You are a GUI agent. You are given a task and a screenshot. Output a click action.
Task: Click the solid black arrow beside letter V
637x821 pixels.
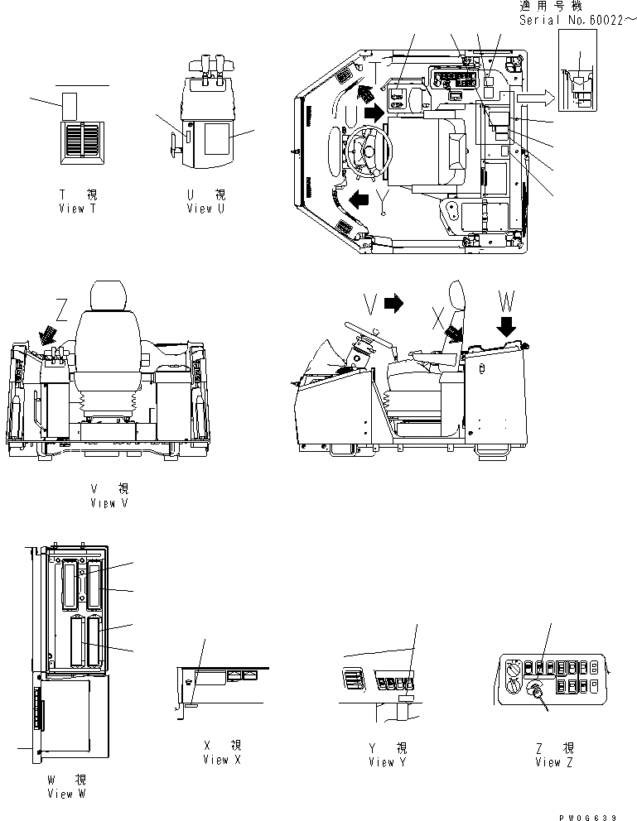[x=393, y=304]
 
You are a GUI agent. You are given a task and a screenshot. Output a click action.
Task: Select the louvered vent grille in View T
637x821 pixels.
[x=81, y=137]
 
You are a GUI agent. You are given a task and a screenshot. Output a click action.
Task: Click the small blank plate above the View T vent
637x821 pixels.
[x=70, y=105]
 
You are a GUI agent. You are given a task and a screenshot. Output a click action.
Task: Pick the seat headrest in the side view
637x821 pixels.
[x=454, y=299]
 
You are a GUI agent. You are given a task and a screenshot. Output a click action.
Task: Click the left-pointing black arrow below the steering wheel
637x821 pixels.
[x=360, y=199]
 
